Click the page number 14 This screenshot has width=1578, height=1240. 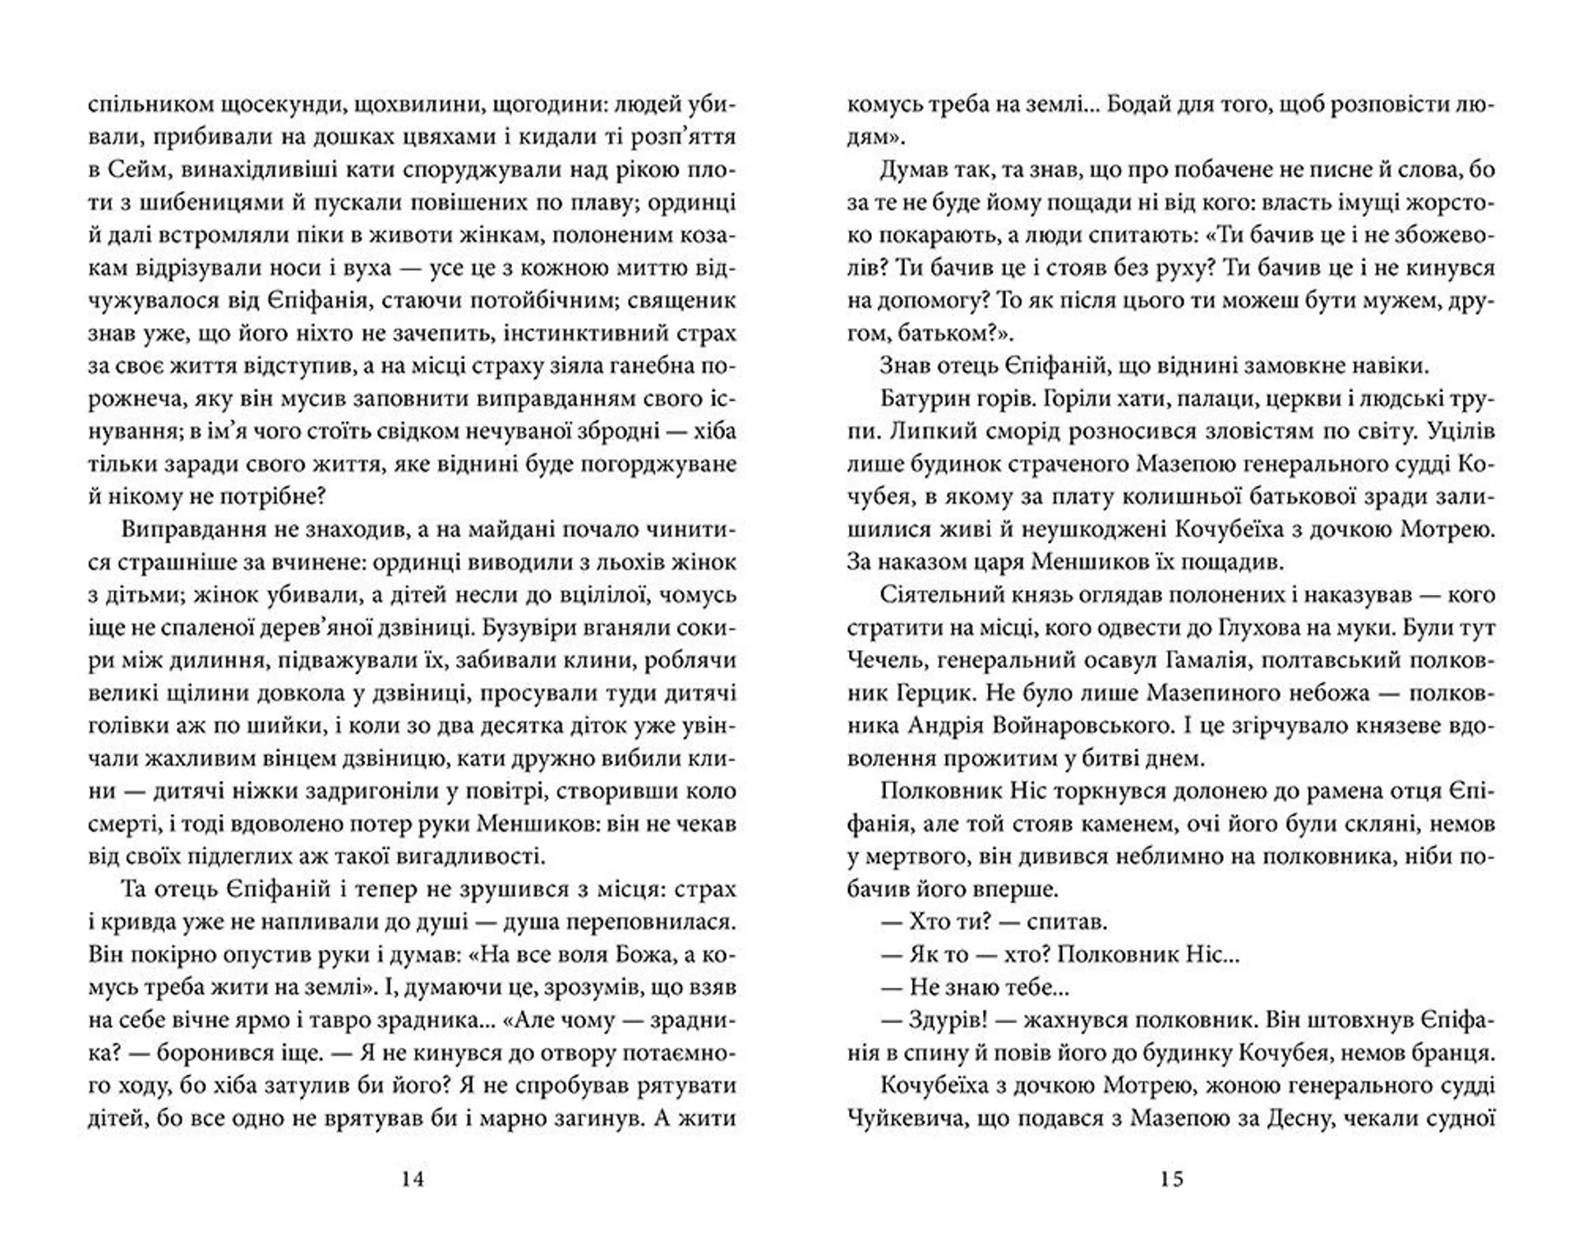tap(413, 1179)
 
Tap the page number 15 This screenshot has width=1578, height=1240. tap(1172, 1179)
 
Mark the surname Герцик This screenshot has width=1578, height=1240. tap(931, 693)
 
